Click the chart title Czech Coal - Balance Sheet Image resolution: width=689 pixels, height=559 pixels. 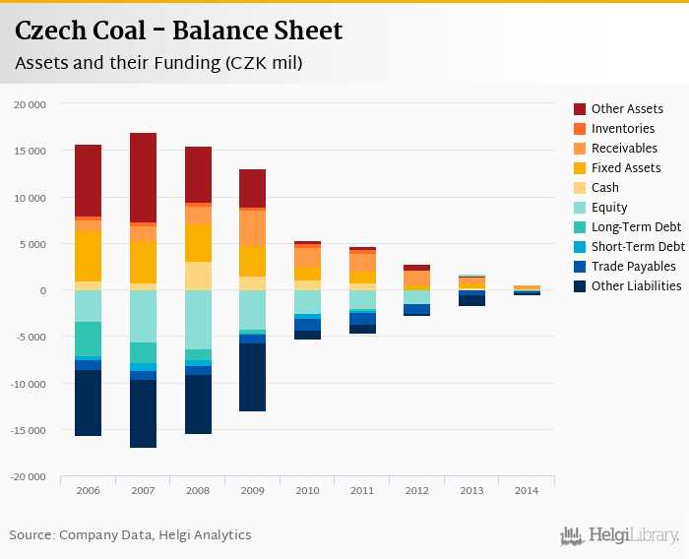click(178, 31)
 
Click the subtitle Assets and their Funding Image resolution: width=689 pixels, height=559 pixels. click(158, 63)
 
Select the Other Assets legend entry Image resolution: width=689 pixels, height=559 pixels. click(627, 109)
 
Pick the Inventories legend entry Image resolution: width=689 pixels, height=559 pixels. click(623, 129)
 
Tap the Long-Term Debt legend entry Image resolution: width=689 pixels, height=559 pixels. click(636, 227)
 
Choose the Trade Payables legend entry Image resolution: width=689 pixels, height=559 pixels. click(633, 267)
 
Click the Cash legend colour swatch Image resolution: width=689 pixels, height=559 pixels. click(580, 188)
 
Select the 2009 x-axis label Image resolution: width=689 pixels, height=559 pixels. click(253, 489)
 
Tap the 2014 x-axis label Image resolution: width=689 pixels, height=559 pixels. click(527, 489)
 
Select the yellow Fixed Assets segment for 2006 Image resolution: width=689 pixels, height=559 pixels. click(88, 256)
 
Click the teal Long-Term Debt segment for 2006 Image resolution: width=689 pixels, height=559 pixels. click(88, 339)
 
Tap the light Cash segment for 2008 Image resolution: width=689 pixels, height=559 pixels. click(198, 276)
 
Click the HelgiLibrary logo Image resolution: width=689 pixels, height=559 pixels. click(620, 535)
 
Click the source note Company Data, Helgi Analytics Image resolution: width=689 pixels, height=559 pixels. click(130, 535)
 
